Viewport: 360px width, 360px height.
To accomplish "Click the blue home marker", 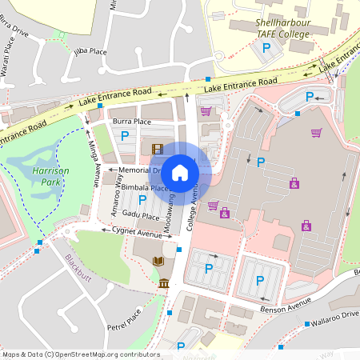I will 180,172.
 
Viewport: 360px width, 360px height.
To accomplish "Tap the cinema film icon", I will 157,148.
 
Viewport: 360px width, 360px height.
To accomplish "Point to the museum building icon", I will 164,284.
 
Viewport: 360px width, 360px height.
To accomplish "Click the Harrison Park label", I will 50,177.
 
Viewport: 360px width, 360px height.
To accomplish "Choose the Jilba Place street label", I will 90,52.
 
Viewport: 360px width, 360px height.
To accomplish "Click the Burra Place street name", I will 132,122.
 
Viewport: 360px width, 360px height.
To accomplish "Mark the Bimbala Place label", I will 146,188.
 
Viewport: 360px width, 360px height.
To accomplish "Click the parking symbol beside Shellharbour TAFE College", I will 266,48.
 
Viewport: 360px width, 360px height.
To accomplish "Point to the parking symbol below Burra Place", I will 124,137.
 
